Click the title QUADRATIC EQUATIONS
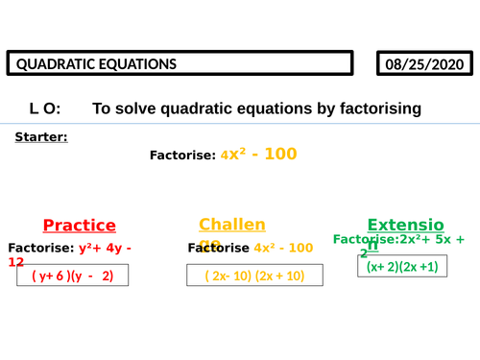pyautogui.click(x=94, y=65)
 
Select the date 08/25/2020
pyautogui.click(x=425, y=65)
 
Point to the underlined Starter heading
pyautogui.click(x=41, y=137)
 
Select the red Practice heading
pyautogui.click(x=80, y=226)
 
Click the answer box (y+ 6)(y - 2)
pyautogui.click(x=73, y=276)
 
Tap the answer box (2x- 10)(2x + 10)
pyautogui.click(x=254, y=276)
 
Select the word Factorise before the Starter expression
pyautogui.click(x=182, y=155)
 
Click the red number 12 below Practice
pyautogui.click(x=15, y=261)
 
